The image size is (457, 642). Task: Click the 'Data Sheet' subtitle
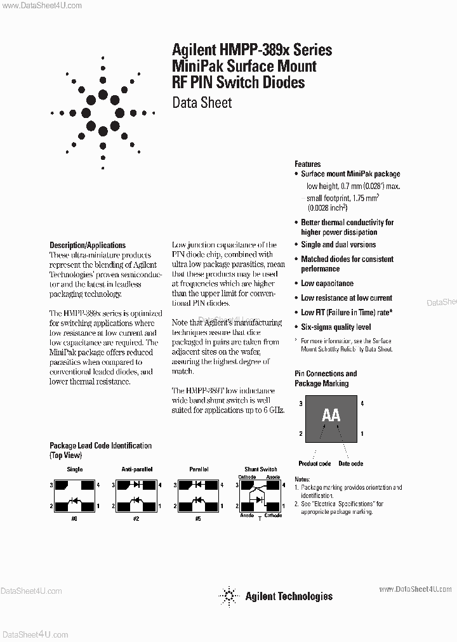click(x=202, y=103)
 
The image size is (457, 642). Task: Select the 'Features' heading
click(x=308, y=164)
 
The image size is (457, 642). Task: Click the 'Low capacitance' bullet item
click(x=327, y=284)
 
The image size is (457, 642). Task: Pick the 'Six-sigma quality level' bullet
click(x=336, y=327)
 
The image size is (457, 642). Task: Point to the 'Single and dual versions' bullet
click(x=338, y=245)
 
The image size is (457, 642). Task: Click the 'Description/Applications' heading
click(x=88, y=245)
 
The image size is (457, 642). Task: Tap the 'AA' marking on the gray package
click(x=331, y=416)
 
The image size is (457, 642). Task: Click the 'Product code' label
click(x=315, y=464)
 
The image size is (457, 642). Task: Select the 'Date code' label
click(x=350, y=464)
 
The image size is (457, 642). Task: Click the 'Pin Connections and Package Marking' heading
click(x=326, y=379)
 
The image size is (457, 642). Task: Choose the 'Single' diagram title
click(x=75, y=469)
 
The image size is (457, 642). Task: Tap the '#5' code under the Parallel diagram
click(x=198, y=518)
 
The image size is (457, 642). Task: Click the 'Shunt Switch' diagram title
click(x=260, y=469)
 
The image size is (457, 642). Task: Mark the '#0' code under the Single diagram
click(x=74, y=518)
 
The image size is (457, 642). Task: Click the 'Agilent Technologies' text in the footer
click(x=289, y=596)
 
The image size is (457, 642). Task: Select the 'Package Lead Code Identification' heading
click(x=100, y=446)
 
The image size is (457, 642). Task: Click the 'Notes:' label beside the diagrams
click(x=302, y=480)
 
